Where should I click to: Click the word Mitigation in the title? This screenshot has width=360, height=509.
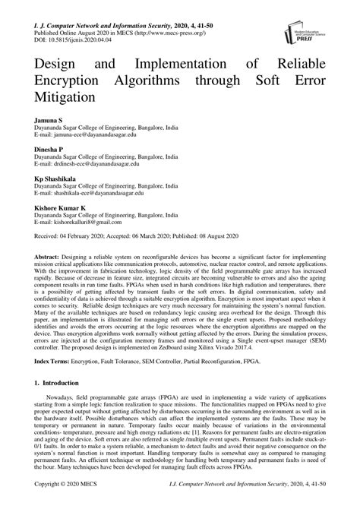(x=63, y=97)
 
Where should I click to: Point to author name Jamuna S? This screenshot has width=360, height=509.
(x=48, y=120)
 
